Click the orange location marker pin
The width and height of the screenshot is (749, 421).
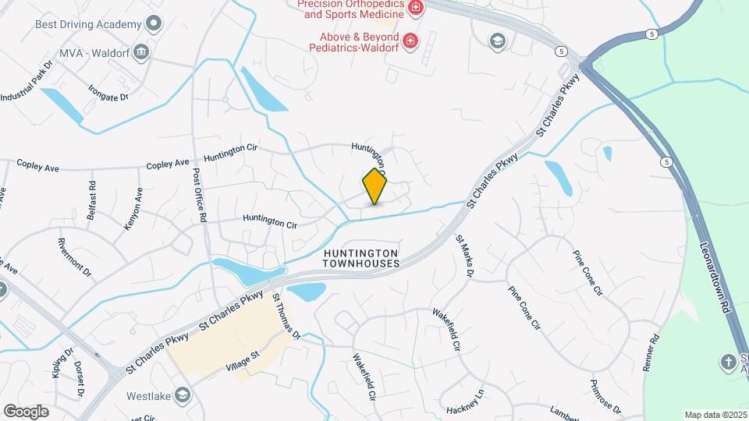375,186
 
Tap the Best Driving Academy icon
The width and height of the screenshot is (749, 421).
154,23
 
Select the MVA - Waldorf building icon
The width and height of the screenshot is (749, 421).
141,53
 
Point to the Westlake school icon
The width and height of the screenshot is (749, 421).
183,394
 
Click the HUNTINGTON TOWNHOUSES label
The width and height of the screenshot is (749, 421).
363,259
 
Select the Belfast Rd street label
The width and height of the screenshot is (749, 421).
92,200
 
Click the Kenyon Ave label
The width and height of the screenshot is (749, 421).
133,208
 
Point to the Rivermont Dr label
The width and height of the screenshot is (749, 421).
75,257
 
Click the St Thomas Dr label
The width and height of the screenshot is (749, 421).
286,316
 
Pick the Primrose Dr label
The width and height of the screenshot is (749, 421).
606,398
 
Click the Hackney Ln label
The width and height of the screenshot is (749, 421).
466,402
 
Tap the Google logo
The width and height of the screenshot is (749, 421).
26,411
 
